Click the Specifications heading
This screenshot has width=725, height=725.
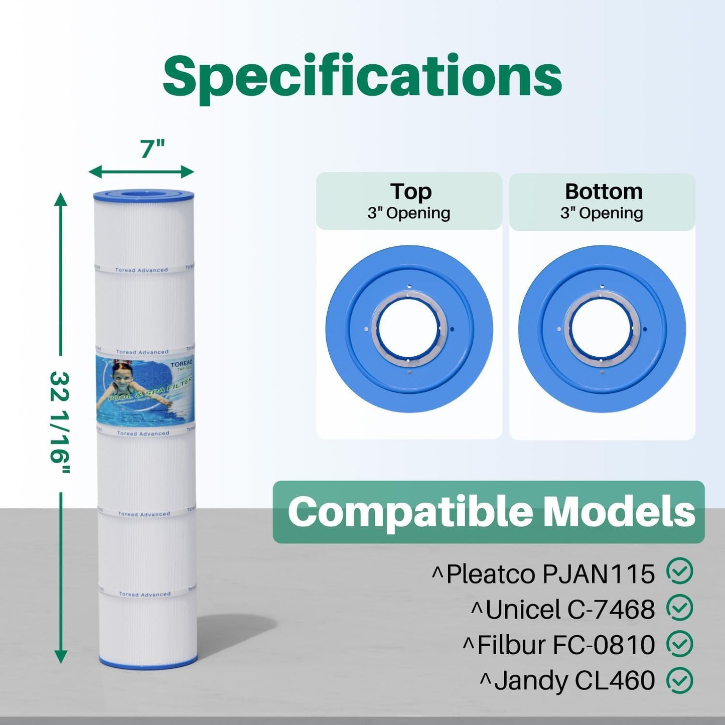[362, 76]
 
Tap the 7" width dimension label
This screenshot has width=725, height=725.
[152, 149]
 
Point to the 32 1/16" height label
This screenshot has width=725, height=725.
[60, 422]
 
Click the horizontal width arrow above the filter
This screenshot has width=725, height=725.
[141, 172]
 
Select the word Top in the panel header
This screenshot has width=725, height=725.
[410, 192]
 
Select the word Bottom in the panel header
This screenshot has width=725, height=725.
[604, 192]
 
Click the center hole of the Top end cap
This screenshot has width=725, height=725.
[409, 329]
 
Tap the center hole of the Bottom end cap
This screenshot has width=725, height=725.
[602, 329]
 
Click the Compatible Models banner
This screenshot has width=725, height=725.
[488, 512]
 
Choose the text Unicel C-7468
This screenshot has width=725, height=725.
[569, 610]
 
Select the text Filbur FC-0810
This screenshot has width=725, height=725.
[565, 645]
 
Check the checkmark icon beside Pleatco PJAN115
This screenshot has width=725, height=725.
[679, 571]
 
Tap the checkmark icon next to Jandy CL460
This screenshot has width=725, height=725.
[679, 680]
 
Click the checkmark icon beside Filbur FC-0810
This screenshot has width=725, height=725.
[679, 644]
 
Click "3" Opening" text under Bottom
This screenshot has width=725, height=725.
[602, 213]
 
